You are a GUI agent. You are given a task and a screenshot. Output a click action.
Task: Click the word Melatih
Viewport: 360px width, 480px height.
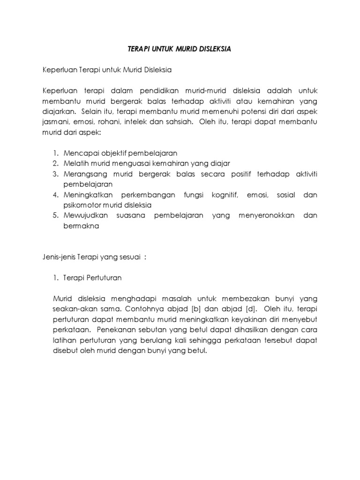point(75,164)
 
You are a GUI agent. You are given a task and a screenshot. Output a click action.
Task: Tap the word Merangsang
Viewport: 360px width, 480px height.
point(83,174)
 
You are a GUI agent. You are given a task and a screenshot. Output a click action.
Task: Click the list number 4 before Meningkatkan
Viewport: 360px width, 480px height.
point(55,195)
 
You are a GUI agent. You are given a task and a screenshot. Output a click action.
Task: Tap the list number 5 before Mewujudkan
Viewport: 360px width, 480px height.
point(55,216)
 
